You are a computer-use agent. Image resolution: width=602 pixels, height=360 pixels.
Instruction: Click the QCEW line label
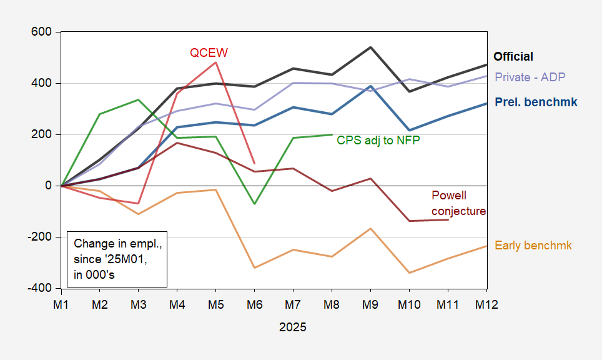[209, 53]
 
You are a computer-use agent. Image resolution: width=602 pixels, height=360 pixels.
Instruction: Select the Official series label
[513, 56]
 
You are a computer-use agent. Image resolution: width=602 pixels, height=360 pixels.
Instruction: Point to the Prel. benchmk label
[536, 102]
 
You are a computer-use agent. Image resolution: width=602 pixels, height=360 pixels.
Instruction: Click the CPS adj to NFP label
[378, 140]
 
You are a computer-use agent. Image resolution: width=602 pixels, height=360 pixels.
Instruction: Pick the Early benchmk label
[533, 246]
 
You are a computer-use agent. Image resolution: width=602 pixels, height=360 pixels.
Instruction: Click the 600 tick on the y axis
[42, 32]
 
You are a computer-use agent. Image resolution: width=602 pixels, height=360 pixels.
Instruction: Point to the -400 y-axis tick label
[40, 288]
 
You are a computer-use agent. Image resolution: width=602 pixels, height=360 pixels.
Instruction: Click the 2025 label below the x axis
[293, 327]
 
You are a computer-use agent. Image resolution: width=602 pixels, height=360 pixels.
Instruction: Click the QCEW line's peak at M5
[216, 62]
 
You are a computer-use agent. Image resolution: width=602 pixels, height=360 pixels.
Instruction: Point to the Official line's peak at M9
[371, 47]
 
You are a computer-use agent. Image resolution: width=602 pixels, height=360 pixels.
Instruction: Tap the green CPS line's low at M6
[255, 204]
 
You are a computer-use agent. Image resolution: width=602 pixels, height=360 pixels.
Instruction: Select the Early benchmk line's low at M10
[410, 273]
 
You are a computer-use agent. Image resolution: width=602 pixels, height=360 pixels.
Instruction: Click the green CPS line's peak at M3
[139, 99]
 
